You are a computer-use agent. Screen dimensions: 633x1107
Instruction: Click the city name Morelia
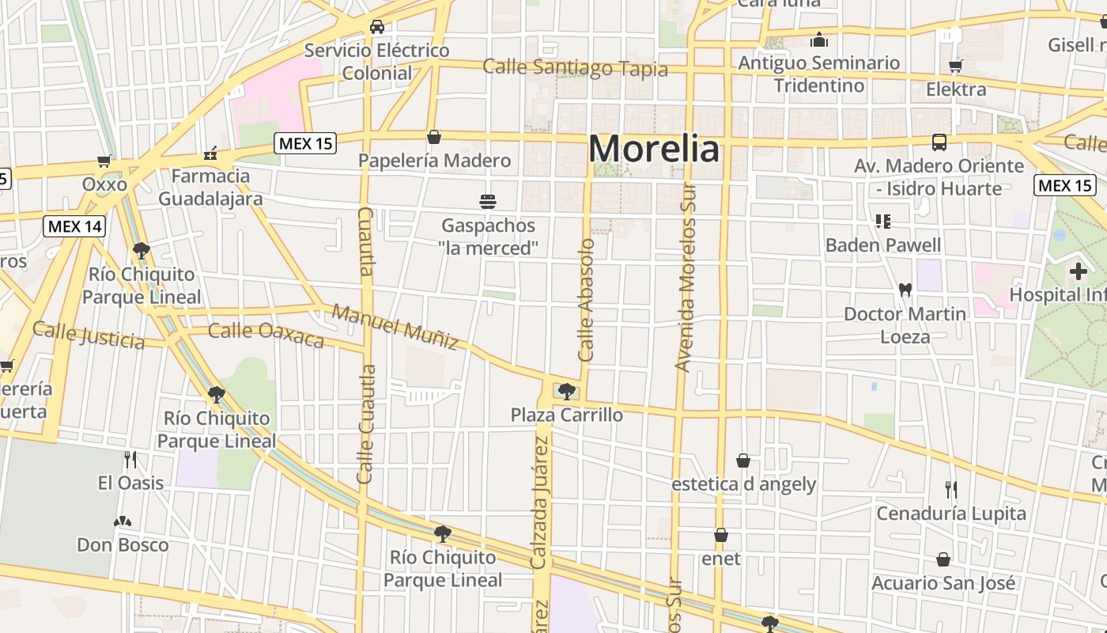(654, 149)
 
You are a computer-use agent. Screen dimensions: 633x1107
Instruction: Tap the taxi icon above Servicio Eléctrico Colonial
(377, 27)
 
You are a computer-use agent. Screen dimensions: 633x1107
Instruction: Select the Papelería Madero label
(434, 161)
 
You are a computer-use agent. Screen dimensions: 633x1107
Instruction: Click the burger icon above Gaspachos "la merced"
(488, 201)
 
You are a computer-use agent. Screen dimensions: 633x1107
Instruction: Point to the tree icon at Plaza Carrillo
(566, 390)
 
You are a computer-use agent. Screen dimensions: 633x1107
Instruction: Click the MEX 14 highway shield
(74, 226)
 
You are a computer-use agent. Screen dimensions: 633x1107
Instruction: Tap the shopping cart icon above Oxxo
(104, 161)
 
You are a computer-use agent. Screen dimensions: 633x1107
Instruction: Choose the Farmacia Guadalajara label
(210, 187)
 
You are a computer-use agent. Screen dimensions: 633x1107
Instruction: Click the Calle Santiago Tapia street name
(575, 68)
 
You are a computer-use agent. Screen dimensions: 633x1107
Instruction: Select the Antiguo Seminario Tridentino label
(818, 74)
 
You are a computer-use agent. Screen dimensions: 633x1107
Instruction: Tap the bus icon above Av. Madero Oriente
(939, 142)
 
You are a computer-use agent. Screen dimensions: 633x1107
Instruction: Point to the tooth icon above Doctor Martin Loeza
(905, 290)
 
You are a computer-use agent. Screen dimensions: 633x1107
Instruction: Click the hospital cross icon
(1078, 272)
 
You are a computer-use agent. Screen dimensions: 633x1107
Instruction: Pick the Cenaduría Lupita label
(950, 514)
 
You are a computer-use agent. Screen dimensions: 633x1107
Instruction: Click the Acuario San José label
(943, 583)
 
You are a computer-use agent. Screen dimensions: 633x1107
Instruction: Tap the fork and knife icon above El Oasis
(130, 459)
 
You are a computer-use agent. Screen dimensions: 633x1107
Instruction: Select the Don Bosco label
(123, 544)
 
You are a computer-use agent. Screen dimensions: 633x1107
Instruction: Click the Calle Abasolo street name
(586, 300)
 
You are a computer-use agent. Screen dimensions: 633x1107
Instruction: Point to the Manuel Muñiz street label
(395, 326)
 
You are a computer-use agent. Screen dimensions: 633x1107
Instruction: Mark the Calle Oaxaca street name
(266, 335)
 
